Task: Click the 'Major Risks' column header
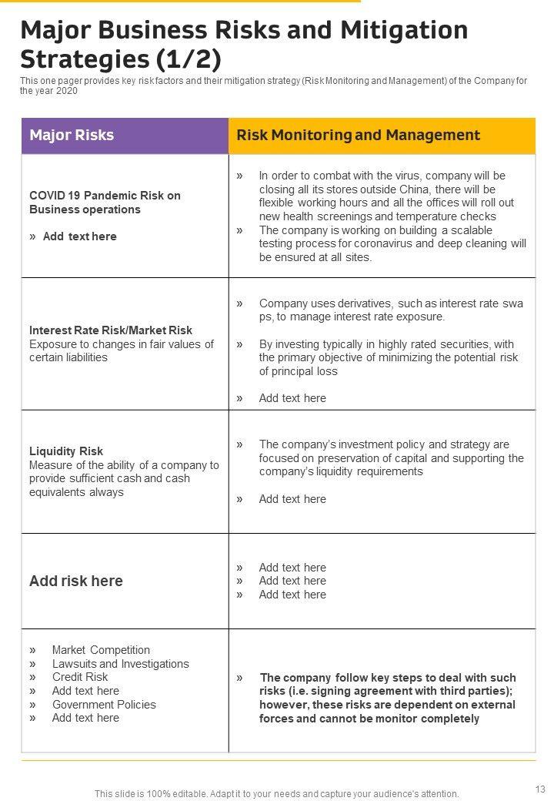[x=72, y=136]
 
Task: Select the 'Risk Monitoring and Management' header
[x=359, y=136]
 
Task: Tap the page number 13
[x=538, y=788]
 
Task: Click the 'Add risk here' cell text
[x=76, y=581]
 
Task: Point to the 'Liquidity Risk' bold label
[x=66, y=451]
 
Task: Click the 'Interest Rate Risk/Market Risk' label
[x=111, y=330]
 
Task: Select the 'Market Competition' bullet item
[x=101, y=650]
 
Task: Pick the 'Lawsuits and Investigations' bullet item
[x=120, y=664]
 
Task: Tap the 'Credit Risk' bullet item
[x=80, y=677]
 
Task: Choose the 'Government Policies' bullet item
[x=104, y=705]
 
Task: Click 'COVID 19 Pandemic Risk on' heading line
[x=105, y=196]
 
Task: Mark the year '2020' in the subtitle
[x=66, y=91]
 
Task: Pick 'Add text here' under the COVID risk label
[x=80, y=236]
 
